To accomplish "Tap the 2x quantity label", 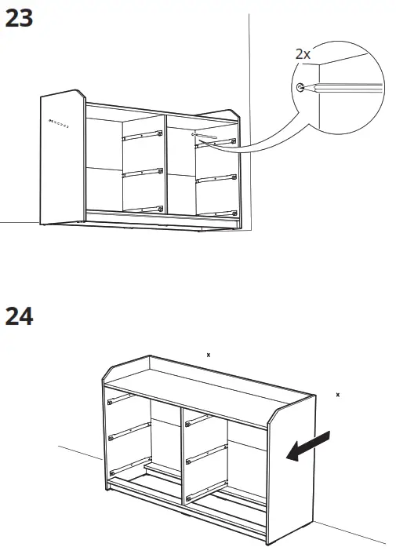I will click(302, 54).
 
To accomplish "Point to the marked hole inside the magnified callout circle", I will click(300, 87).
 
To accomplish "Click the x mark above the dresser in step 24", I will click(208, 355).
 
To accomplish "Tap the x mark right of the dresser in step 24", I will click(337, 394).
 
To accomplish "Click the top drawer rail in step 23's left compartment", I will click(142, 135).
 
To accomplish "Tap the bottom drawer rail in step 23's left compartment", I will click(142, 209).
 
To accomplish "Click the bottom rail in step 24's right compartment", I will click(208, 493).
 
